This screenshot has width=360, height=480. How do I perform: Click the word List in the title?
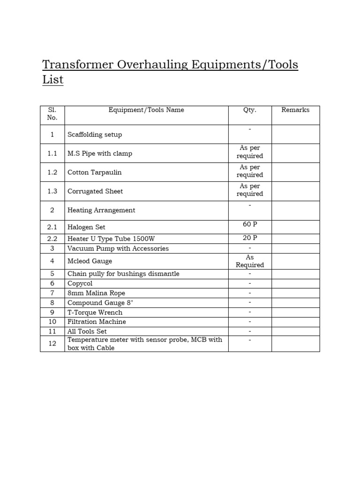click(52, 80)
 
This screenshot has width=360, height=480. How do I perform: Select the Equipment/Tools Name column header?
click(146, 110)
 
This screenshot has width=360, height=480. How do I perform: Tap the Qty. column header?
click(249, 110)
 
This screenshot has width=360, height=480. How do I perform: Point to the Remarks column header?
click(295, 110)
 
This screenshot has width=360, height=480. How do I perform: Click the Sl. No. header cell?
click(52, 114)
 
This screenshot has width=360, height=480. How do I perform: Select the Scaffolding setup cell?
click(95, 135)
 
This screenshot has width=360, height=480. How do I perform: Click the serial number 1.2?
click(52, 172)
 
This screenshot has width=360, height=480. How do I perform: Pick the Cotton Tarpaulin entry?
click(94, 172)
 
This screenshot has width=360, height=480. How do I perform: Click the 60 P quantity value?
click(249, 225)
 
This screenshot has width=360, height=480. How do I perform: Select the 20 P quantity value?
click(249, 238)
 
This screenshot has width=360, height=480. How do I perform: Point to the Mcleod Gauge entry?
click(90, 261)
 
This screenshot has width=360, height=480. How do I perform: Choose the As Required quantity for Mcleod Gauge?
click(249, 261)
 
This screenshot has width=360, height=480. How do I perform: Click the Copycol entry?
click(80, 284)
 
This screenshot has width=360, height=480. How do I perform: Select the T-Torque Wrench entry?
click(95, 312)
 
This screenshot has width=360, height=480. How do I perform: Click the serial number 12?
click(52, 344)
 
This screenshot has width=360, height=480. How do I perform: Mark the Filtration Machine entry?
click(97, 322)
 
